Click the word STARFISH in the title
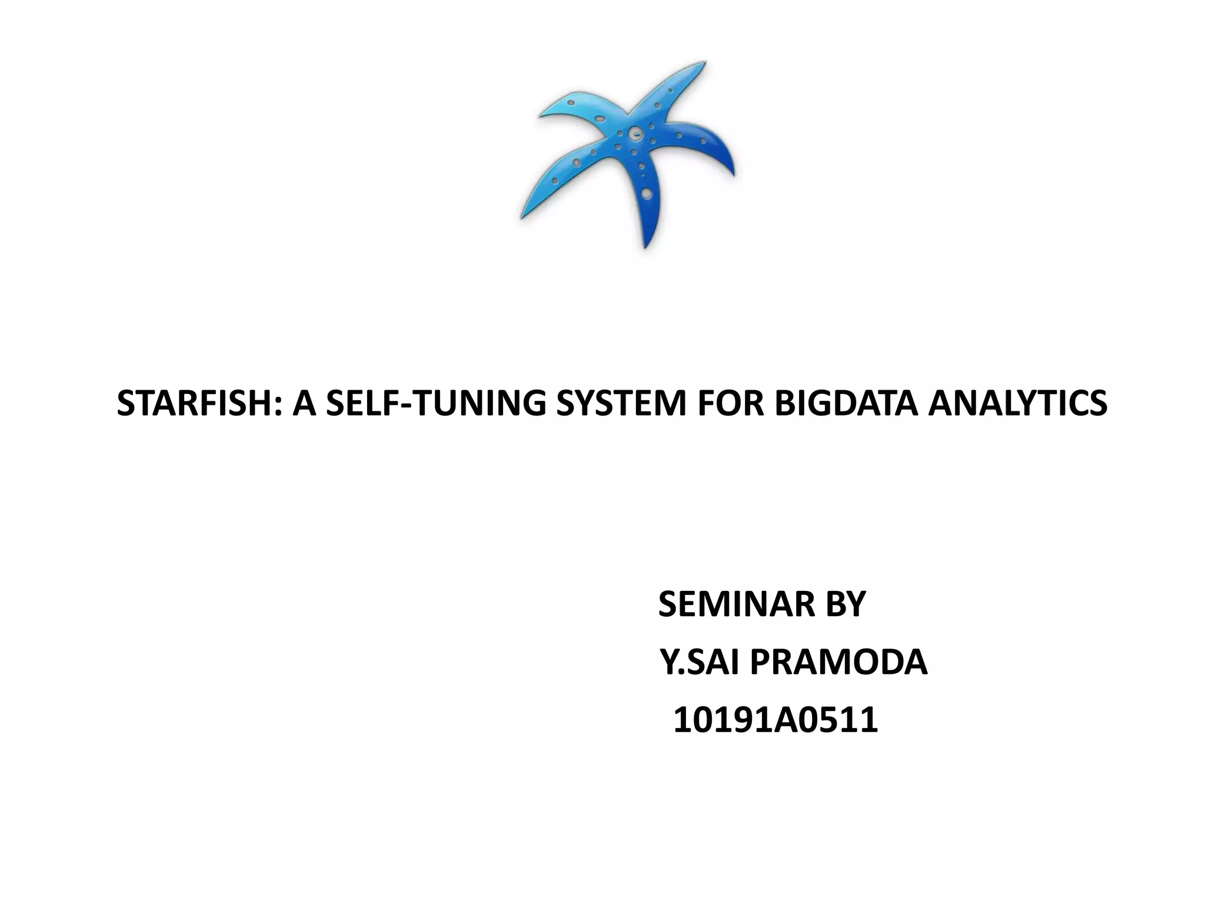tap(192, 404)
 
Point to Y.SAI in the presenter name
tap(698, 662)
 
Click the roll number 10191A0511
tap(775, 720)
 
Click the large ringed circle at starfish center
tap(634, 134)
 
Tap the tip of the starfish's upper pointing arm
tap(704, 62)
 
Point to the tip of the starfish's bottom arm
tap(645, 246)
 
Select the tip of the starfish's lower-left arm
tap(521, 218)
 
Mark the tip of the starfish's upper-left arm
tap(540, 115)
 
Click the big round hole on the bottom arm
tap(646, 192)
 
